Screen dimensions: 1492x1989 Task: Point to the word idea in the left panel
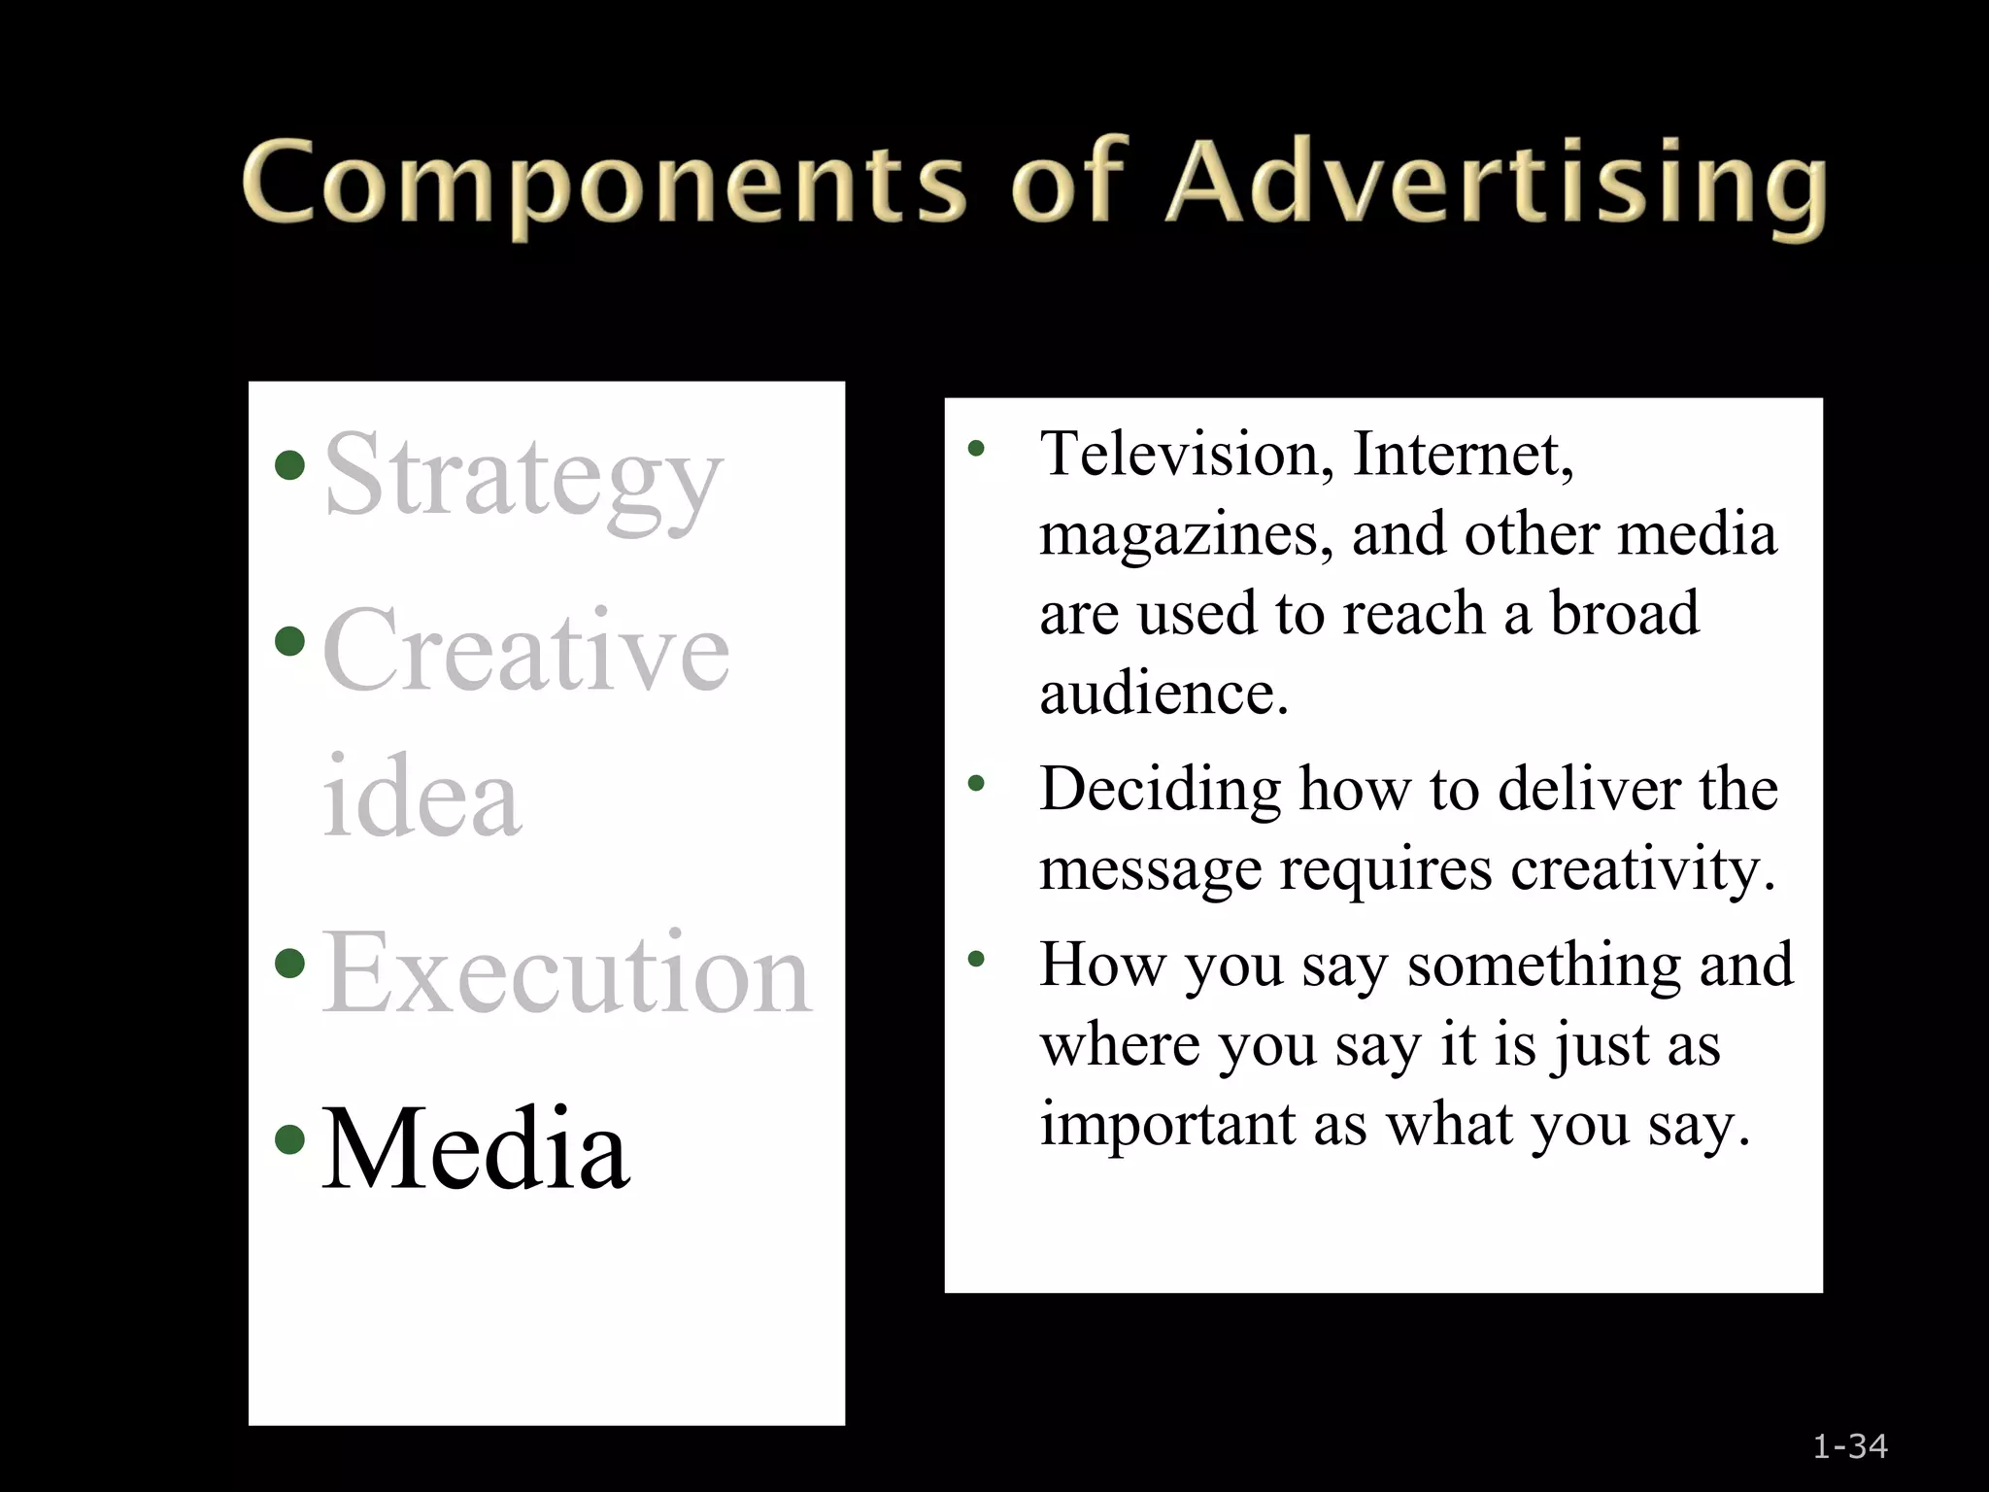click(421, 797)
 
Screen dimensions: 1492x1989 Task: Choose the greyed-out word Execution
click(566, 973)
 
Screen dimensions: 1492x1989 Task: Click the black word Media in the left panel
click(475, 1149)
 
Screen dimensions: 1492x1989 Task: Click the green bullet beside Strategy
click(289, 465)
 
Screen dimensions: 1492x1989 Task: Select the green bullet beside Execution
click(289, 964)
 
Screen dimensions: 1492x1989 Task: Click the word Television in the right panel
click(1186, 454)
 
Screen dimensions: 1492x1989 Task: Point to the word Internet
click(1463, 454)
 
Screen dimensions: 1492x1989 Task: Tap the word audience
click(1163, 694)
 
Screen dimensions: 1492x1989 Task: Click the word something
click(1544, 965)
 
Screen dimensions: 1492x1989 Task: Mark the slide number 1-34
click(1850, 1447)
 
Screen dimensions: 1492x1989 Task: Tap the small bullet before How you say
click(976, 960)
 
